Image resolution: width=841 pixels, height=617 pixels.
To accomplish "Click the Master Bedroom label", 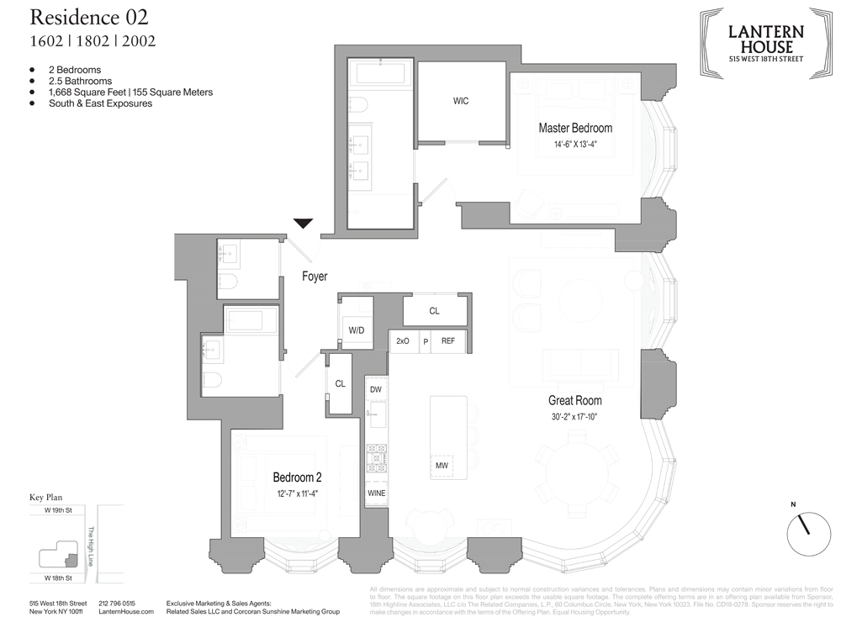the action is coord(575,129).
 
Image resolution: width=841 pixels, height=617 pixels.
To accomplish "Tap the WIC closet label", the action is coord(460,101).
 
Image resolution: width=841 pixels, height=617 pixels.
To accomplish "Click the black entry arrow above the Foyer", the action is coord(304,224).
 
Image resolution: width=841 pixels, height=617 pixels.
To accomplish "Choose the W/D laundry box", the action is coord(356,330).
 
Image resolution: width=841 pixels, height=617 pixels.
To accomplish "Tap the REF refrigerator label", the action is coord(448,341).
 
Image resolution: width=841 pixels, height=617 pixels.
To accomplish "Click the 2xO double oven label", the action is coord(403,341).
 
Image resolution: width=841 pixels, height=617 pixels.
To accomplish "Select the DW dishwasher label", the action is coord(375,389).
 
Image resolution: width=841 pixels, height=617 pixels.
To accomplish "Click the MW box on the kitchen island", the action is coord(442,465).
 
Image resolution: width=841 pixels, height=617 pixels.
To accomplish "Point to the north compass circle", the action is coord(805,529).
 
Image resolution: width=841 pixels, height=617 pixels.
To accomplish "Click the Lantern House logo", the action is coord(765,40).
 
